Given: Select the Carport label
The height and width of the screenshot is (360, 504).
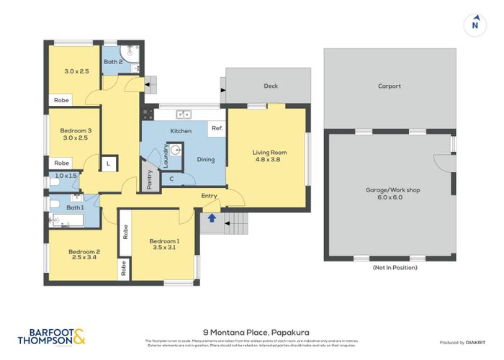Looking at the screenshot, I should [x=390, y=86].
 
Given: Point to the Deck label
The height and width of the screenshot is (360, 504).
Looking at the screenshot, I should [x=271, y=86].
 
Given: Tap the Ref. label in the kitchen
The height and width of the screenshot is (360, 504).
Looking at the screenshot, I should [x=215, y=129].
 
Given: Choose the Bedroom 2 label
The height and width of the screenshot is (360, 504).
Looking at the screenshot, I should [x=84, y=256].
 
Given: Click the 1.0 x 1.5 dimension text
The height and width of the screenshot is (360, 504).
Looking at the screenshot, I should [x=66, y=176].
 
